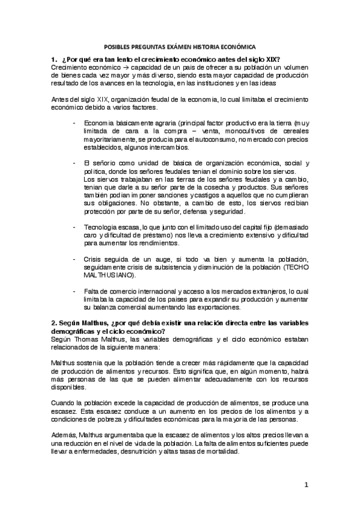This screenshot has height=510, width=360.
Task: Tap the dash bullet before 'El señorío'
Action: coord(74,164)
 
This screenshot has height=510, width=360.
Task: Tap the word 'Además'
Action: coord(62,435)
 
